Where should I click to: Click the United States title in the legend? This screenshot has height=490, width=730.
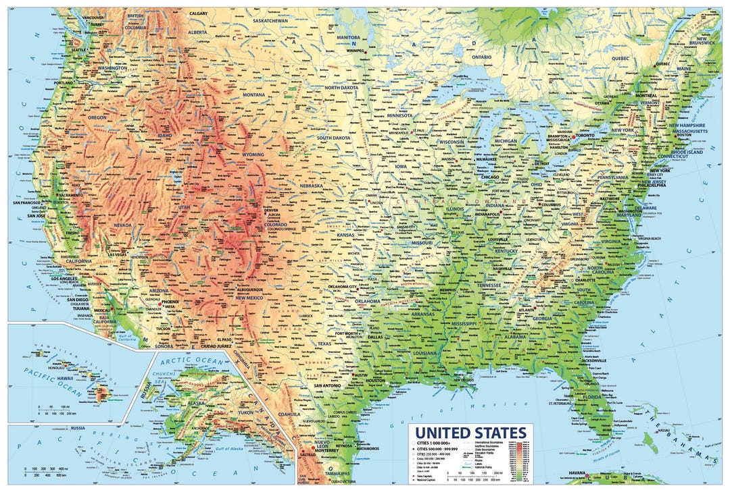click(x=470, y=433)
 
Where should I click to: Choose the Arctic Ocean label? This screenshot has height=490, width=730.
click(x=197, y=362)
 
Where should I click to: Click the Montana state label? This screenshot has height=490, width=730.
click(x=254, y=95)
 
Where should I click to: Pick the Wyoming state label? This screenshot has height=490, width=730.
click(x=253, y=155)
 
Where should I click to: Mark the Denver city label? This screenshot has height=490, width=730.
click(x=271, y=210)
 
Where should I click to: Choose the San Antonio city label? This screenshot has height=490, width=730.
click(x=326, y=385)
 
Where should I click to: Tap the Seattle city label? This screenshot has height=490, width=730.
click(x=79, y=49)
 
